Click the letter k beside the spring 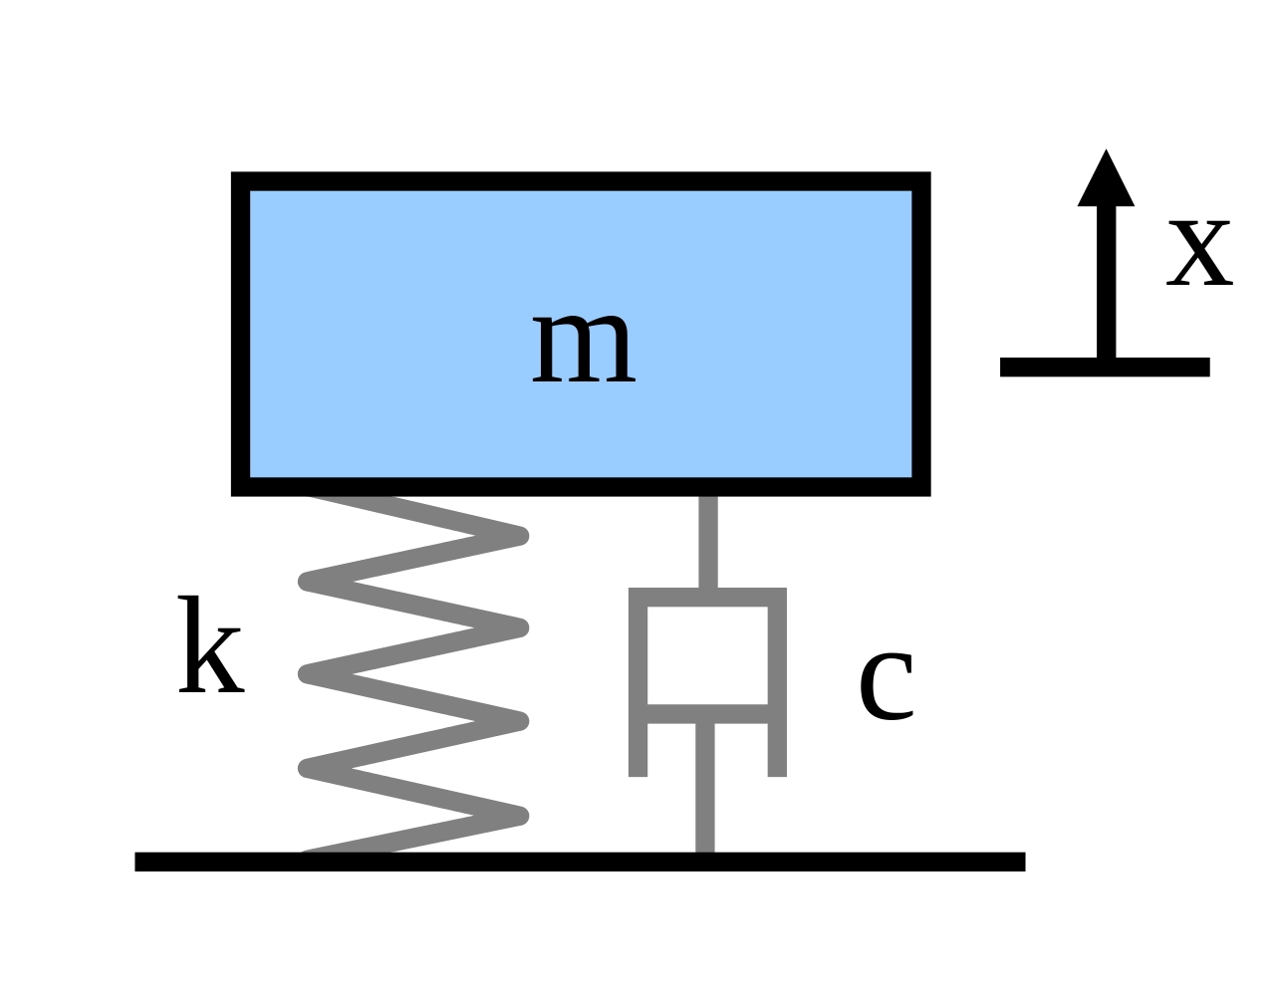click(210, 647)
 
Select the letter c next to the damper click(886, 684)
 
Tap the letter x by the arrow click(1199, 253)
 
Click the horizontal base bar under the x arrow click(1105, 367)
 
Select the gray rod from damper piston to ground click(705, 787)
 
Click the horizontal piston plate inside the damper click(707, 714)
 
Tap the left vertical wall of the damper click(638, 687)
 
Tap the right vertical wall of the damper click(777, 687)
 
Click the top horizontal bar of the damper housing click(707, 597)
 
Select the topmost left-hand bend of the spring click(308, 581)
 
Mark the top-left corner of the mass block click(239, 180)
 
